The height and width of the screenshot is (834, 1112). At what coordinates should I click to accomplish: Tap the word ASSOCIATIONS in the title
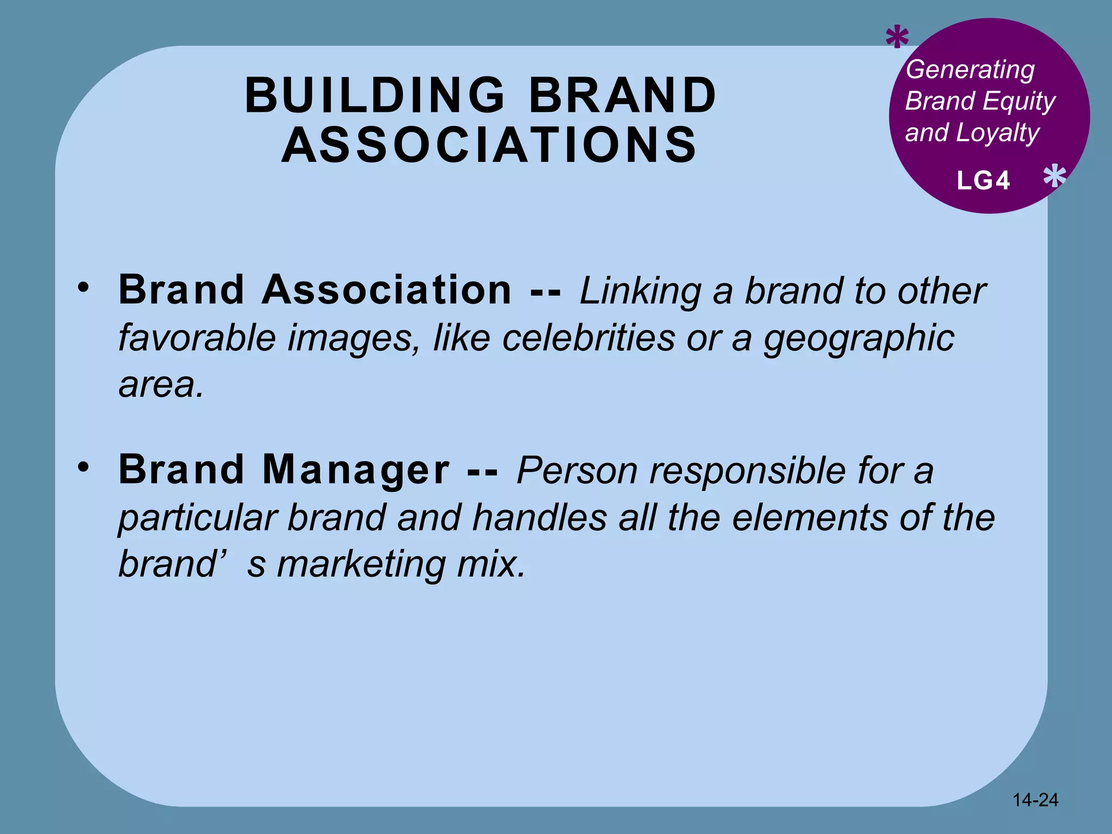pyautogui.click(x=489, y=145)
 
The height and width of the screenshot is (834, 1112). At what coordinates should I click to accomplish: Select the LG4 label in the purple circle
pyautogui.click(x=983, y=181)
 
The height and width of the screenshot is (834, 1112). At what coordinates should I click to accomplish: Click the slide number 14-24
pyautogui.click(x=1035, y=800)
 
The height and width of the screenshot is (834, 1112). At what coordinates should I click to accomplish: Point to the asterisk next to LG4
pyautogui.click(x=1054, y=178)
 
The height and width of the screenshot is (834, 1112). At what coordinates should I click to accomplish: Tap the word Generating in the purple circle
pyautogui.click(x=970, y=70)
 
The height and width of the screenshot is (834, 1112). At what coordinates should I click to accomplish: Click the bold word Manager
pyautogui.click(x=356, y=470)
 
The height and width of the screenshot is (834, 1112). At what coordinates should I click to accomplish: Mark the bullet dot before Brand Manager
pyautogui.click(x=83, y=466)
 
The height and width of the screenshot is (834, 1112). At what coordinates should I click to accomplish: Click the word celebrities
pyautogui.click(x=589, y=338)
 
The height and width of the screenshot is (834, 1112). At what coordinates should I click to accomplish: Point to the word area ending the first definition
pyautogui.click(x=161, y=384)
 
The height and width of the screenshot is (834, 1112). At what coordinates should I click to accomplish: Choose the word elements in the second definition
pyautogui.click(x=810, y=517)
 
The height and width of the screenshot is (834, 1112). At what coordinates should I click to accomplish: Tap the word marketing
pyautogui.click(x=362, y=565)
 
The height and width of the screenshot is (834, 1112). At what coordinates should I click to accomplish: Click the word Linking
pyautogui.click(x=640, y=292)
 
